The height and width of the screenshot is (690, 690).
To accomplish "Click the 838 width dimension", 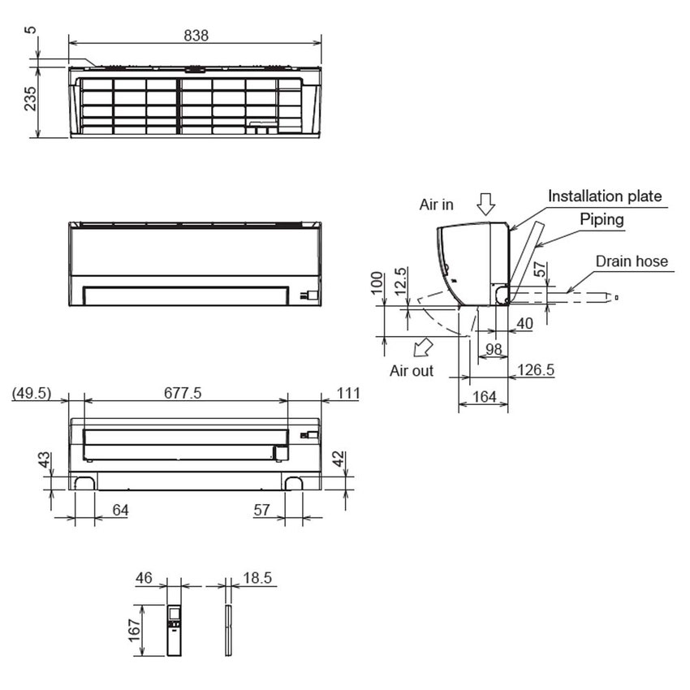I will [x=196, y=35].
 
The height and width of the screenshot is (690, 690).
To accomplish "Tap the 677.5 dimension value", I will [x=184, y=393].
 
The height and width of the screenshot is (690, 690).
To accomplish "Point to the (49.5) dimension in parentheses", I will [x=32, y=393].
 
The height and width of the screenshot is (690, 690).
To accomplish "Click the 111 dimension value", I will [x=347, y=393].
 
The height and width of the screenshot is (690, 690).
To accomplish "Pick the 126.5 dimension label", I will [x=535, y=369].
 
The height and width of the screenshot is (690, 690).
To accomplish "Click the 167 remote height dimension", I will [x=136, y=630].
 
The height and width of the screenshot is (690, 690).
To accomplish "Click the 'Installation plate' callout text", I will [x=605, y=196].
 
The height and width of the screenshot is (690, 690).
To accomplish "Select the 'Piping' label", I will [x=602, y=219].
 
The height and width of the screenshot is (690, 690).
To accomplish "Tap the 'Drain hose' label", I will [x=632, y=261].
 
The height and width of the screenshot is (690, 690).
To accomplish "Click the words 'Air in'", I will [x=437, y=205].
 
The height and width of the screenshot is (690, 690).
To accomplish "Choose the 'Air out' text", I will [x=412, y=371].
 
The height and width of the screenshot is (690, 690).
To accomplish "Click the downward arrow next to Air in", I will [x=485, y=203].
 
